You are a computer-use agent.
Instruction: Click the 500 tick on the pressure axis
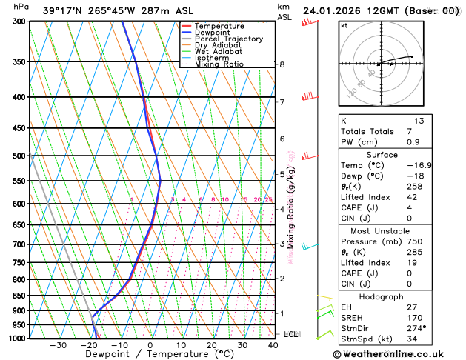[20, 156]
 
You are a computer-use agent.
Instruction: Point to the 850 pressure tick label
[20, 296]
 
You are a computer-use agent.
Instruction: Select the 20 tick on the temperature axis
[212, 345]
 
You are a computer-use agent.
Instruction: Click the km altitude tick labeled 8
[282, 65]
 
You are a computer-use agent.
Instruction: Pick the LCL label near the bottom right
[290, 335]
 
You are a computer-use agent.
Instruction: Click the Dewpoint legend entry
[213, 33]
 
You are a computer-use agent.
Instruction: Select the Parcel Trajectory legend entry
[228, 39]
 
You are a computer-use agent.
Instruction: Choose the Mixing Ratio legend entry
[219, 64]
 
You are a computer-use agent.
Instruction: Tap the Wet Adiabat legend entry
[218, 52]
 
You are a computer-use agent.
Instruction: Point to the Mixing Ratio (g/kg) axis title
[291, 208]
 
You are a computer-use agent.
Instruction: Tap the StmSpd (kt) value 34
[413, 339]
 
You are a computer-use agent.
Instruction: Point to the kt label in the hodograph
[344, 25]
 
